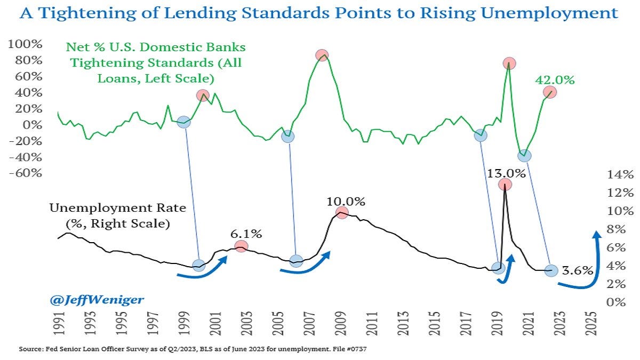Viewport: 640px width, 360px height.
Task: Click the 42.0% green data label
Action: click(555, 81)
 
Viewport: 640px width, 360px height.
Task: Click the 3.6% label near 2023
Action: click(579, 270)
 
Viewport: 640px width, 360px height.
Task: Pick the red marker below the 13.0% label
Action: click(505, 185)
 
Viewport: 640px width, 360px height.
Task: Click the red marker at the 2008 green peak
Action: click(322, 55)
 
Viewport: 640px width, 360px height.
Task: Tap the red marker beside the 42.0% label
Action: click(550, 92)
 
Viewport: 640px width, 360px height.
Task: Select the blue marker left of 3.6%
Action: click(551, 270)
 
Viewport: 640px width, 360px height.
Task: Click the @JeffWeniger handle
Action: click(97, 300)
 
